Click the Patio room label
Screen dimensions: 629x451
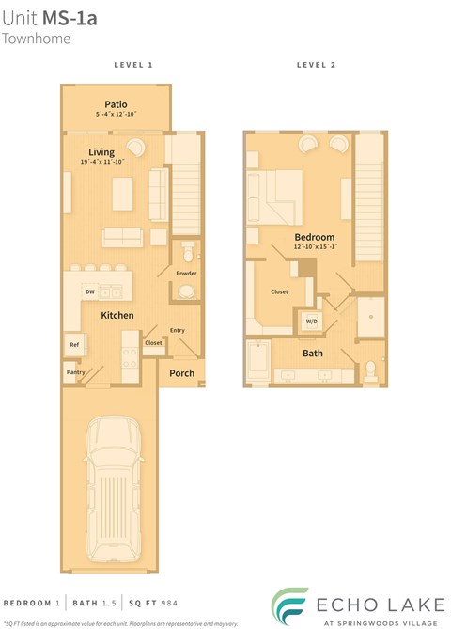116,103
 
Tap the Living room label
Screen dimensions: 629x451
101,152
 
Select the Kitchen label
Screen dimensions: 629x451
117,315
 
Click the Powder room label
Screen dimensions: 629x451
186,273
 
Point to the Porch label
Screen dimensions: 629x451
181,373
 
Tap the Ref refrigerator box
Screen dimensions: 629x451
74,345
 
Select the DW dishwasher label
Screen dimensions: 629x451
90,292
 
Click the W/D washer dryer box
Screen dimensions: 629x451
310,321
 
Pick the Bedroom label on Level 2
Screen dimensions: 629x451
315,237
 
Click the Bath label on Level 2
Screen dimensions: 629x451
313,354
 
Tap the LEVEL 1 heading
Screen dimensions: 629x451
132,65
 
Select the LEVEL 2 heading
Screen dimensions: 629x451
316,65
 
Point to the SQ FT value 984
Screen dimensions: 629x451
166,602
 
